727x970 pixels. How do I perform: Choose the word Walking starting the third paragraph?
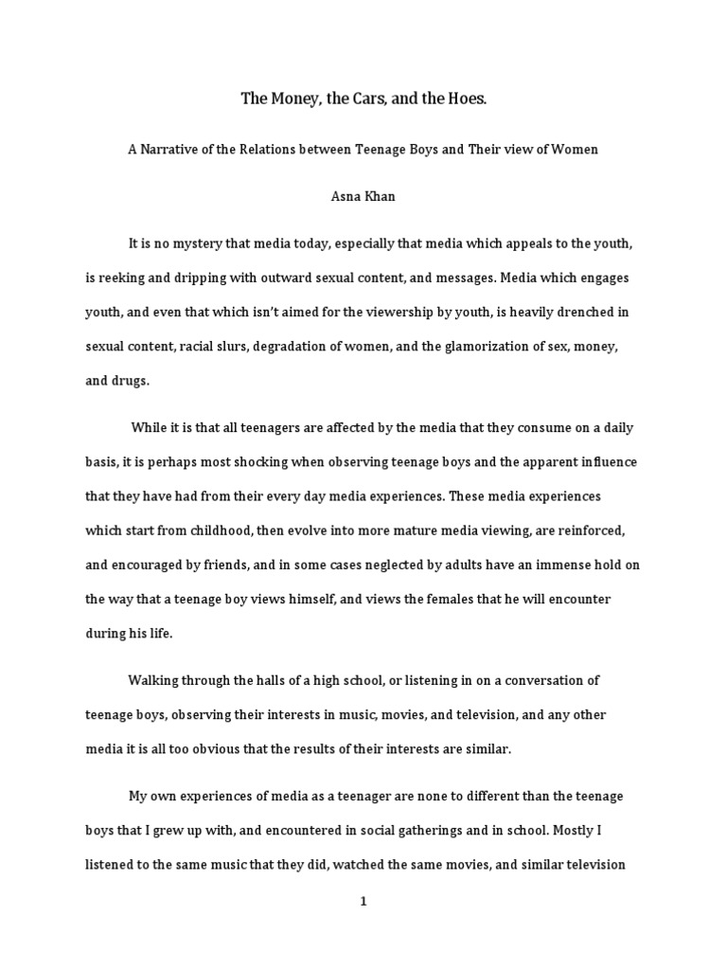tap(154, 680)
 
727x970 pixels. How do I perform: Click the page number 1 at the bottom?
tap(363, 902)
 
